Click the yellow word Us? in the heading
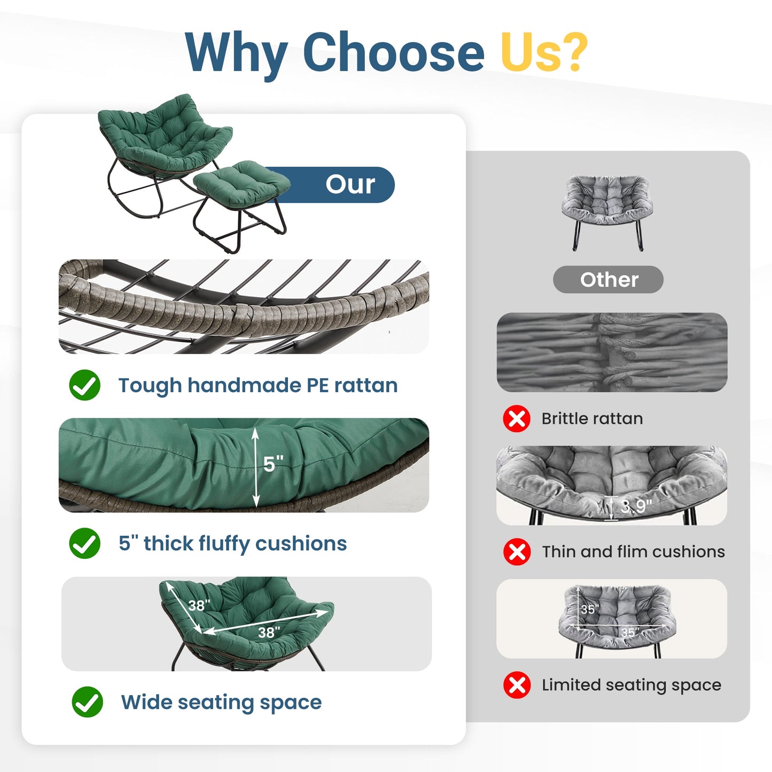[544, 51]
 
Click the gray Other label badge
[608, 279]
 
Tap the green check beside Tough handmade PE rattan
[84, 385]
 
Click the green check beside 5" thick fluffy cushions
[84, 543]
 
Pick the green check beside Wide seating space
[87, 702]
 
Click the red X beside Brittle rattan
[517, 419]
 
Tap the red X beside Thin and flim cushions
[517, 552]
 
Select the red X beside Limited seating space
[517, 685]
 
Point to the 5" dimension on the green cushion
[274, 464]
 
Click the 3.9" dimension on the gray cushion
[637, 506]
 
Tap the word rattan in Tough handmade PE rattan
[366, 385]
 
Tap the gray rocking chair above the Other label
[607, 212]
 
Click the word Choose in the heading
[393, 52]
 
